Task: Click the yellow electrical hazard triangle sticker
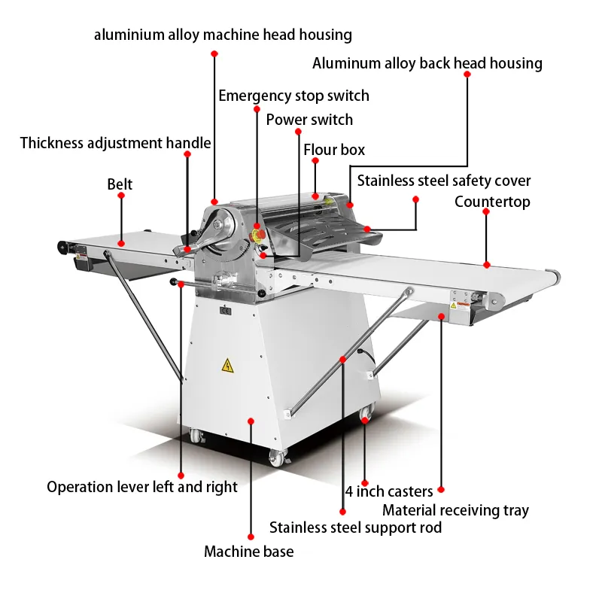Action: (227, 366)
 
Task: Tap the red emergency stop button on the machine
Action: (257, 227)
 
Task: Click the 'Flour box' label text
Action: (334, 150)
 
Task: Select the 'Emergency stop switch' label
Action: (293, 96)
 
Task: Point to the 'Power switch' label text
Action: (309, 120)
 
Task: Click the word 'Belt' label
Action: (120, 184)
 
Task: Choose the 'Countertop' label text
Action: (492, 202)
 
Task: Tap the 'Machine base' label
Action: (248, 552)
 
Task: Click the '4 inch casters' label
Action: (389, 491)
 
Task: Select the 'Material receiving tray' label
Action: (455, 510)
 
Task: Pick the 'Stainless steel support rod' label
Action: (355, 528)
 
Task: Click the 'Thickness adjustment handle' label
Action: (115, 143)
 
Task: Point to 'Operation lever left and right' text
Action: (142, 487)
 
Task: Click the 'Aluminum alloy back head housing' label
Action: (427, 63)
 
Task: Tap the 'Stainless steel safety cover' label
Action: (444, 181)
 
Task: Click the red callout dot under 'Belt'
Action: (120, 244)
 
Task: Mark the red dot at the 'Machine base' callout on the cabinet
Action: (251, 421)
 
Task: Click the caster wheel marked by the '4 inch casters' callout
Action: (366, 415)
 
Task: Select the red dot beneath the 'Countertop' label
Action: (486, 264)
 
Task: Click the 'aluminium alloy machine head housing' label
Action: (223, 35)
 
